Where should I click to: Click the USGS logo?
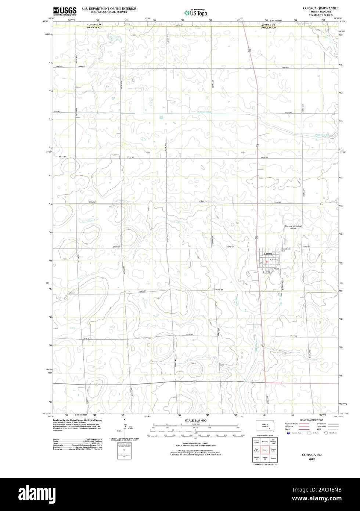pos(65,11)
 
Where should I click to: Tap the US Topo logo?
pos(196,12)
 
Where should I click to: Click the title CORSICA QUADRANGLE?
pos(318,8)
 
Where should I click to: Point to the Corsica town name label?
pos(268,254)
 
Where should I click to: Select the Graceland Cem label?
pos(285,250)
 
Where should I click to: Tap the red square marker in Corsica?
pos(266,261)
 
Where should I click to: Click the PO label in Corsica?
pos(261,263)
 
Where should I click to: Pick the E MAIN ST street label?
pos(275,260)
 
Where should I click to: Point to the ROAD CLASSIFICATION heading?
pos(312,420)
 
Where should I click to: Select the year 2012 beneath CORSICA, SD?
pos(312,460)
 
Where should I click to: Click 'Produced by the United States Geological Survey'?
pos(77,420)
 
